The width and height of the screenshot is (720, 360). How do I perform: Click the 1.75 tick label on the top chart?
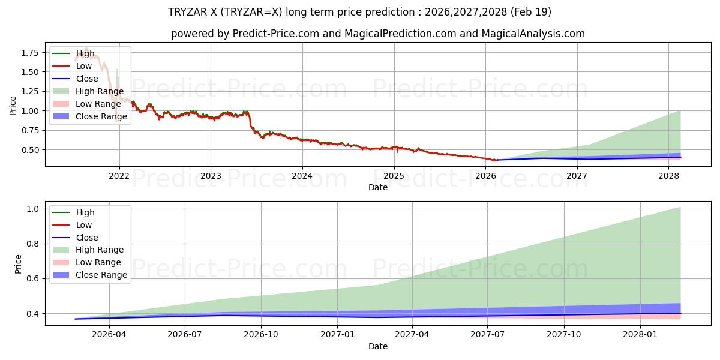pos(30,53)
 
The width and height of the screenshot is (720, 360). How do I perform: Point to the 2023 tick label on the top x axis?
pos(211,176)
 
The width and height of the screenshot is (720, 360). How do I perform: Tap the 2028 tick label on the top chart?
pos(668,176)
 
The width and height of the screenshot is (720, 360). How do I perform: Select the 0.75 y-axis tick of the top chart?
pos(30,131)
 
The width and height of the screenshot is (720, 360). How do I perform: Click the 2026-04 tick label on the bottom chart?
pos(109,335)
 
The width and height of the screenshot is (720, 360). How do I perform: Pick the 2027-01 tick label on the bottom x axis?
pos(337,335)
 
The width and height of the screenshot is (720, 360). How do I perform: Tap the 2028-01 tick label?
pos(640,335)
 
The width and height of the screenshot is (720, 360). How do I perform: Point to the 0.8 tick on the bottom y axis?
pos(32,244)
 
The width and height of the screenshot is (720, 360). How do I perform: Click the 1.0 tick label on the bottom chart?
pos(32,209)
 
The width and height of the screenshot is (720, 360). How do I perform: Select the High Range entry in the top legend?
pos(88,91)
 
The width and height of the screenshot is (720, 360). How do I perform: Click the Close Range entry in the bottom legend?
pos(89,275)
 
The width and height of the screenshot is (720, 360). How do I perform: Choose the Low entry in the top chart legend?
pos(72,66)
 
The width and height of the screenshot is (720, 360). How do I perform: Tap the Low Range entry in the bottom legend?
pos(87,262)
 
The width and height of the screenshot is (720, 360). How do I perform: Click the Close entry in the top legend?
pos(75,79)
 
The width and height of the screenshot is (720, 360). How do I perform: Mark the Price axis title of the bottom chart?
pos(18,264)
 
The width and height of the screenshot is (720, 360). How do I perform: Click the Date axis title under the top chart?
pos(378,187)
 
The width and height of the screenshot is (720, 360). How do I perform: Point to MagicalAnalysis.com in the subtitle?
pos(533,34)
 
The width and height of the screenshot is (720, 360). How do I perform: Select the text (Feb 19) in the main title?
pos(530,12)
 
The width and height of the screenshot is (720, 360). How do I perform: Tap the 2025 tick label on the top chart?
pos(394,176)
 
